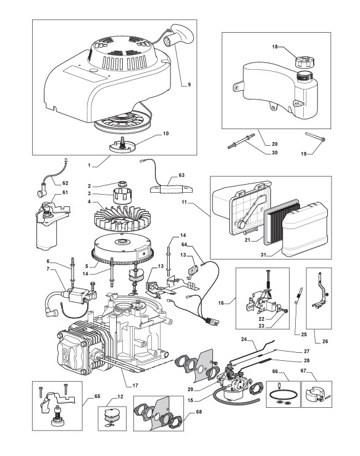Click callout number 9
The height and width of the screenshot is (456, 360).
click(x=189, y=85)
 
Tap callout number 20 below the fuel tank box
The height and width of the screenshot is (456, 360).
click(x=275, y=144)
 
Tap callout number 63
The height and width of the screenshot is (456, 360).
click(x=182, y=175)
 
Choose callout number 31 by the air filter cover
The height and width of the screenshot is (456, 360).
click(x=263, y=255)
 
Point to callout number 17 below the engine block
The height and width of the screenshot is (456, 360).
click(x=135, y=386)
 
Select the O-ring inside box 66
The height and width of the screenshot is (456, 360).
click(x=283, y=396)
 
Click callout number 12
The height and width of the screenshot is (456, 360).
click(x=120, y=397)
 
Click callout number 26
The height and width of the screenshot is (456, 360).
click(x=325, y=341)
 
